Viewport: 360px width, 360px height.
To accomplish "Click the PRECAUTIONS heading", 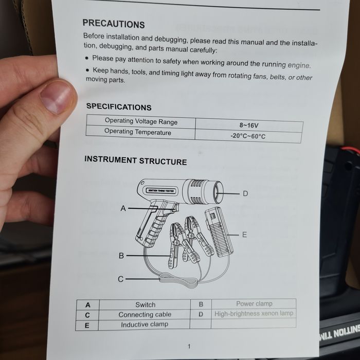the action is (114, 24).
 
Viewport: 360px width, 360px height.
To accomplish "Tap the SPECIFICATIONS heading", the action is (119, 107).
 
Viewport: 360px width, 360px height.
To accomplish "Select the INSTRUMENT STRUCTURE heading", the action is (135, 160).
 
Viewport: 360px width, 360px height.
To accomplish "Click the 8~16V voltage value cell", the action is (249, 125).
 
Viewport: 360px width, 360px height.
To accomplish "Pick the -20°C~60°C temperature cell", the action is (248, 136).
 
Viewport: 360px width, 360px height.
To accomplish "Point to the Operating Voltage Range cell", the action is (141, 121).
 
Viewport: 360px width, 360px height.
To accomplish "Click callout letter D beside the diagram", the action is (245, 193).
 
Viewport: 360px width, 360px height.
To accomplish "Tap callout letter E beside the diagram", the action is (244, 235).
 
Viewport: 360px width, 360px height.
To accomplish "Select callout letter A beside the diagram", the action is (123, 208).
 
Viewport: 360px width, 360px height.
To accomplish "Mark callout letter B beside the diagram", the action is (121, 256).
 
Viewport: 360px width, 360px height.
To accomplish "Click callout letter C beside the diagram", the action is (120, 279).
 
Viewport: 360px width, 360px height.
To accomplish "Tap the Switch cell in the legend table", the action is (145, 304).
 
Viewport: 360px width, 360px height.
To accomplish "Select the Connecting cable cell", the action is (145, 315).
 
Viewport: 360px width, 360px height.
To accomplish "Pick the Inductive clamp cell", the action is (145, 325).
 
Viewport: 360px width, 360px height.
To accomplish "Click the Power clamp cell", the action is (254, 303).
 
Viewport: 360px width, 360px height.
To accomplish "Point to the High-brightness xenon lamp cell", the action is (254, 313).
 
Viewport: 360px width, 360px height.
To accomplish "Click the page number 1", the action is (189, 347).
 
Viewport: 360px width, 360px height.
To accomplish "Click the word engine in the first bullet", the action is (299, 65).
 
